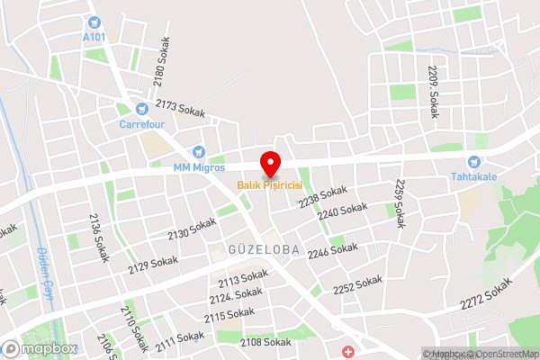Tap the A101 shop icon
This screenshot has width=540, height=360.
pyautogui.click(x=94, y=22)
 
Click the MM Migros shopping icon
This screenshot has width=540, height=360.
pyautogui.click(x=198, y=152)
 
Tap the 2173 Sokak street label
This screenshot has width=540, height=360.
pyautogui.click(x=180, y=109)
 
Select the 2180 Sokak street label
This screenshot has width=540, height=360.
pyautogui.click(x=160, y=63)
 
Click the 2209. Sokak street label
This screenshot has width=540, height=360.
pyautogui.click(x=434, y=85)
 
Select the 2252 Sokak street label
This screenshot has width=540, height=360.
pyautogui.click(x=357, y=286)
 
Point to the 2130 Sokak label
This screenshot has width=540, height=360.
pyautogui.click(x=192, y=229)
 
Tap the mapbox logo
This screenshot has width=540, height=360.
pyautogui.click(x=38, y=347)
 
